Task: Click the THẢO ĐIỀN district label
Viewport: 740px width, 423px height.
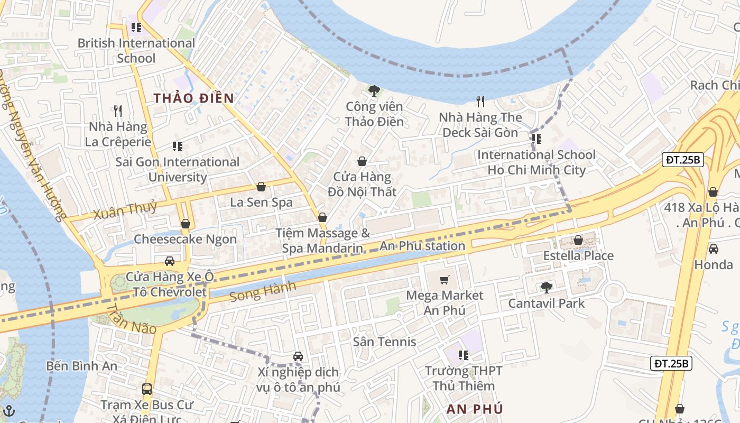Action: click(x=193, y=98)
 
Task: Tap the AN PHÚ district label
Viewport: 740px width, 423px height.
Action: click(x=474, y=409)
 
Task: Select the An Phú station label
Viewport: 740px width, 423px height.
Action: click(x=422, y=246)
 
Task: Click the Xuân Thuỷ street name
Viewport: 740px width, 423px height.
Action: click(x=125, y=210)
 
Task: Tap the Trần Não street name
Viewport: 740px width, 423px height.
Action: click(x=132, y=319)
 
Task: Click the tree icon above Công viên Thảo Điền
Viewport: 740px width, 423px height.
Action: click(x=374, y=91)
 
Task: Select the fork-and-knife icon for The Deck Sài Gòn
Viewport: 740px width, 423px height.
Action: click(x=480, y=102)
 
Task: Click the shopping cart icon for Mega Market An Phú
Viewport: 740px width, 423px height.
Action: click(x=445, y=280)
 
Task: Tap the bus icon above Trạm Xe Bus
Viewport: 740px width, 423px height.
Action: click(x=147, y=389)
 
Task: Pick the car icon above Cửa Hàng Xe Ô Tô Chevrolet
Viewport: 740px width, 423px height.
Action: click(x=170, y=261)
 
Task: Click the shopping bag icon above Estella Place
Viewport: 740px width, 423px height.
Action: click(x=578, y=240)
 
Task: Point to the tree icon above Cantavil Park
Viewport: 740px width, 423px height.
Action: click(x=546, y=288)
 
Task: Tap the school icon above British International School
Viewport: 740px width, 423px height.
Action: click(x=136, y=27)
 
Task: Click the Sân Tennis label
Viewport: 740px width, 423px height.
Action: click(x=384, y=342)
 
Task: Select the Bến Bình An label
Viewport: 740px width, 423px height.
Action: click(x=81, y=366)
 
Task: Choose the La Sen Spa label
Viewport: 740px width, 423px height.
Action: click(x=261, y=202)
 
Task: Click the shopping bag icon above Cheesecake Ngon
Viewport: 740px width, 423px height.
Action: click(x=185, y=224)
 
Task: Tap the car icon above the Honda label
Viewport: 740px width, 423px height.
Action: click(x=713, y=249)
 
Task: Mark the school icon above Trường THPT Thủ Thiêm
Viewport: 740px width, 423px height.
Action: click(x=464, y=355)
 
